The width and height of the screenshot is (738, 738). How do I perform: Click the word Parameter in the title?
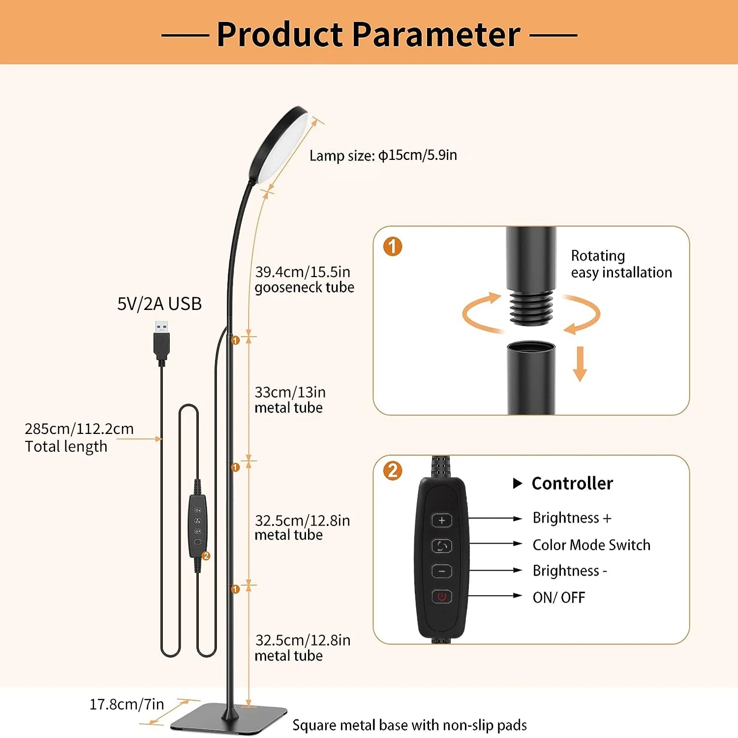[x=436, y=34]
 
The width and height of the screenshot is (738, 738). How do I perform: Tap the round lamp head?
[x=278, y=145]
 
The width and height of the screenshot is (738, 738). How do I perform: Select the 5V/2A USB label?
[x=159, y=304]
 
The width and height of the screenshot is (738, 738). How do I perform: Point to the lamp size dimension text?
[x=383, y=155]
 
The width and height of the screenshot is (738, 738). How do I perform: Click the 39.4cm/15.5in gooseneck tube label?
[x=305, y=279]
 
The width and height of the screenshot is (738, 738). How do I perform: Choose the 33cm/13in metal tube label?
[x=290, y=400]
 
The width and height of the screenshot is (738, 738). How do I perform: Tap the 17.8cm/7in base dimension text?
[x=126, y=705]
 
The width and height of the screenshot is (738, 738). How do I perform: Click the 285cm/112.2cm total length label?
[x=79, y=437]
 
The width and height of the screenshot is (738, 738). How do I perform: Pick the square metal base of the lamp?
[x=229, y=718]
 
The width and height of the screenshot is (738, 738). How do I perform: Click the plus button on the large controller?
[x=442, y=520]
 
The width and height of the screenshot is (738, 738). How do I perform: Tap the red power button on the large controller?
[x=442, y=596]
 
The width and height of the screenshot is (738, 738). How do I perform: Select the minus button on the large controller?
[x=442, y=571]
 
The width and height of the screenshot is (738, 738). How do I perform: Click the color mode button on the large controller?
[x=442, y=546]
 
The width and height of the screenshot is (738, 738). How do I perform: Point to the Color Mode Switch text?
[x=591, y=545]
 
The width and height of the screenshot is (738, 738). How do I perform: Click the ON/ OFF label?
[x=559, y=597]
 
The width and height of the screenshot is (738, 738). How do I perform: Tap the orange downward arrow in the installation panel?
[x=580, y=364]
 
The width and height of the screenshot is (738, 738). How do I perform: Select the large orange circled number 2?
[x=393, y=471]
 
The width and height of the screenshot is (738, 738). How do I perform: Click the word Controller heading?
[x=572, y=483]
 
